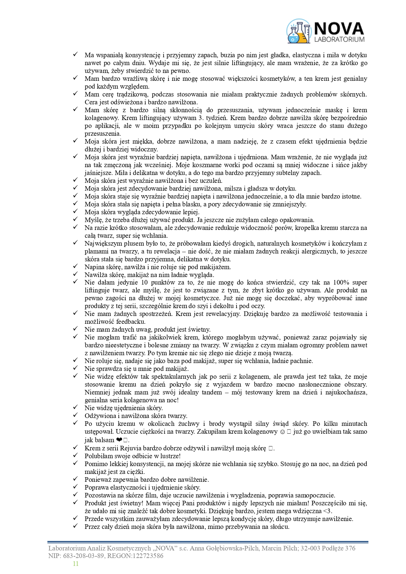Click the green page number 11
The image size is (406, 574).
(x=76, y=564)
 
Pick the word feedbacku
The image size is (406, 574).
(x=131, y=322)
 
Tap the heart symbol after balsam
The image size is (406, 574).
(x=119, y=440)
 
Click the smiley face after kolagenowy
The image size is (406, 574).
(x=282, y=432)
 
